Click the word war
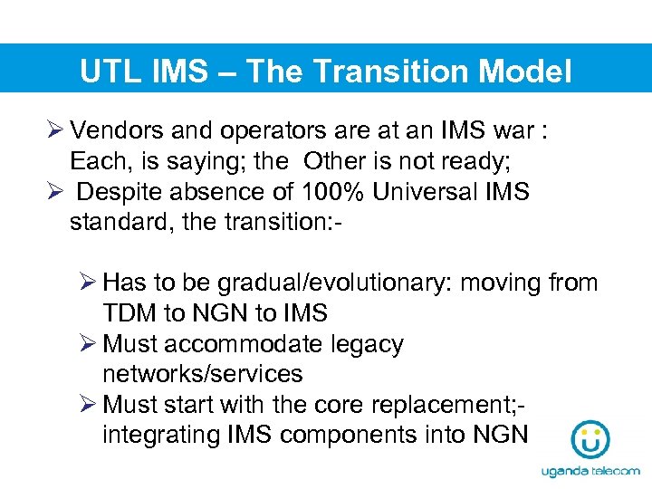point(517,130)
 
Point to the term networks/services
point(202,374)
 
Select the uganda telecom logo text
point(590,472)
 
